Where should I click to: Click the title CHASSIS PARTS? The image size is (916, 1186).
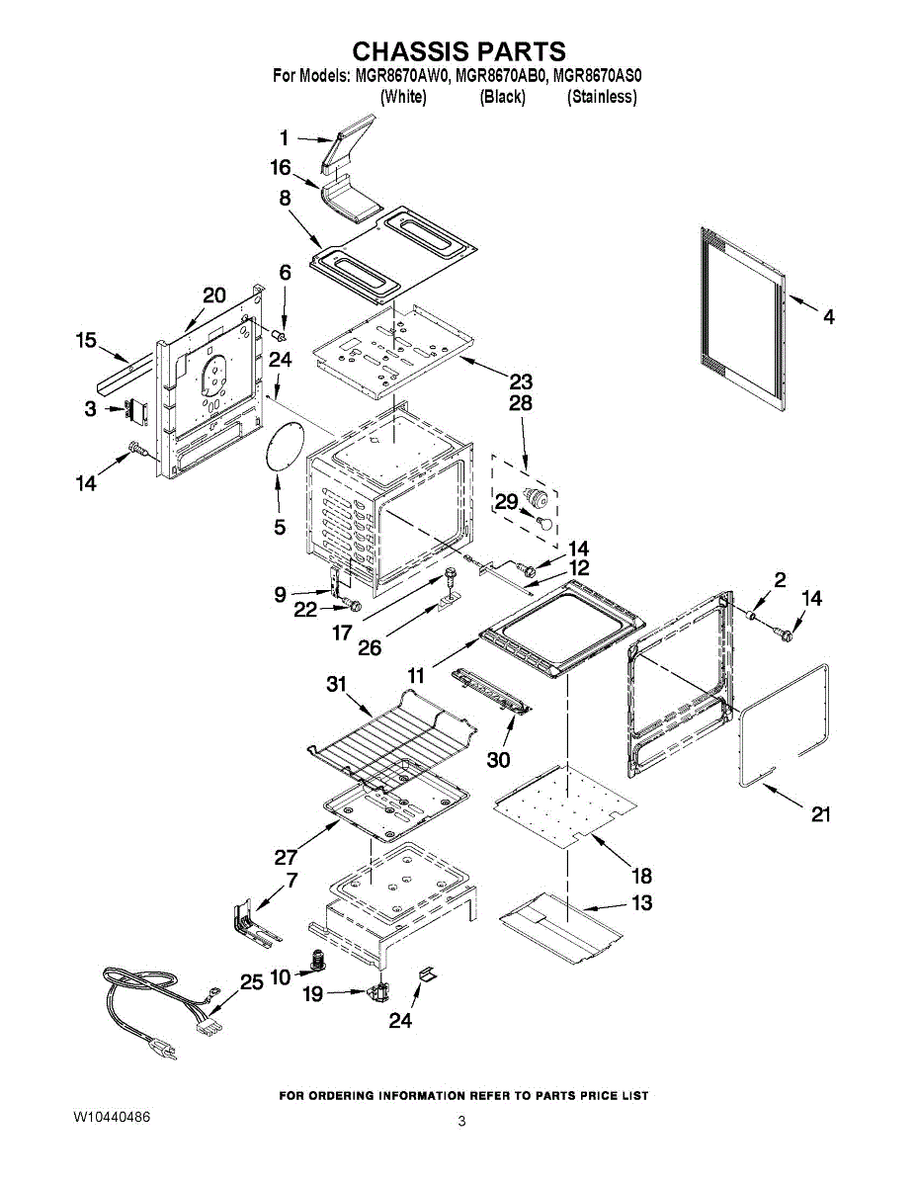tap(459, 51)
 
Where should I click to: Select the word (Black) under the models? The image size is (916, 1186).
tap(502, 97)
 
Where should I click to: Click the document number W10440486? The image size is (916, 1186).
tap(112, 1117)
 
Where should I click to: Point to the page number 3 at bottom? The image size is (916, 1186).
tap(461, 1121)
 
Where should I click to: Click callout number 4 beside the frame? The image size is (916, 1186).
tap(829, 316)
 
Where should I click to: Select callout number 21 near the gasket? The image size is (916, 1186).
tap(821, 814)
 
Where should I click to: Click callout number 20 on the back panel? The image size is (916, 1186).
tap(214, 295)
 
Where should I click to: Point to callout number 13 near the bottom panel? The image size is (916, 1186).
tap(641, 902)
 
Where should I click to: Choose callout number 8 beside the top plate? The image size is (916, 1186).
tap(285, 198)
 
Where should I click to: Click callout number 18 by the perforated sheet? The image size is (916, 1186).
tap(641, 875)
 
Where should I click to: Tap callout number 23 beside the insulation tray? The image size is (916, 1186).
tap(521, 381)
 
